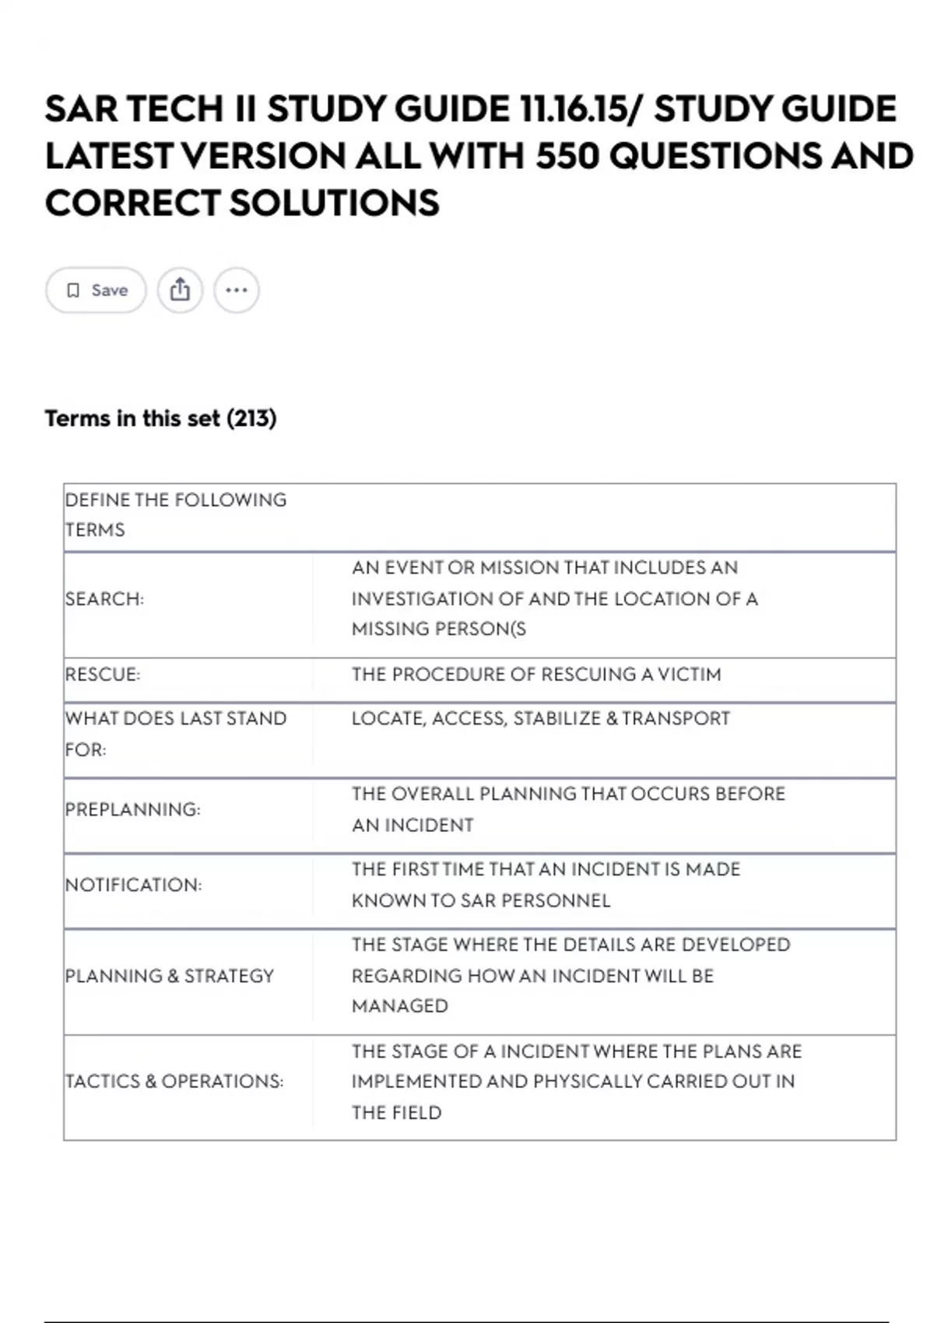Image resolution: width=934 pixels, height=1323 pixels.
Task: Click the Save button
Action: pyautogui.click(x=96, y=290)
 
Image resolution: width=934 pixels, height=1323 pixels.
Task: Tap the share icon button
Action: pyautogui.click(x=180, y=290)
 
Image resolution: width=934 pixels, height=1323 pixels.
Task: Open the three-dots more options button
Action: pyautogui.click(x=237, y=290)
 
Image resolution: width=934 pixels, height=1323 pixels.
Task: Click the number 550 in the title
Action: pyautogui.click(x=567, y=156)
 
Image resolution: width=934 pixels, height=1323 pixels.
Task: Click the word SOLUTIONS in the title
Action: pyautogui.click(x=334, y=203)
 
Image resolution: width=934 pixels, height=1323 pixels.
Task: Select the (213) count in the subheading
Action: pyautogui.click(x=251, y=419)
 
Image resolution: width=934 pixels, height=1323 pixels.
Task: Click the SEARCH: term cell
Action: pyautogui.click(x=104, y=599)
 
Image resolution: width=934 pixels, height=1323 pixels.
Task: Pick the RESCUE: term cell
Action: pyautogui.click(x=103, y=675)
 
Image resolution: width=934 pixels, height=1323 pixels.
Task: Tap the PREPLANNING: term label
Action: pyautogui.click(x=132, y=809)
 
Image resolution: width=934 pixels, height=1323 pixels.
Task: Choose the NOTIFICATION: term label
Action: pyautogui.click(x=133, y=885)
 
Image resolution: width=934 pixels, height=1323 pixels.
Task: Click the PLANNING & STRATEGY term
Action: pyautogui.click(x=170, y=976)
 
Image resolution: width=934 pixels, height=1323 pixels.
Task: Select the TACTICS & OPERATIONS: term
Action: pyautogui.click(x=174, y=1081)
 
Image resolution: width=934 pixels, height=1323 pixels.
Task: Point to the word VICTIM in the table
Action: pyautogui.click(x=689, y=675)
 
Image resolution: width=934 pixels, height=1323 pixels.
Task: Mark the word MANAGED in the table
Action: pyautogui.click(x=399, y=1006)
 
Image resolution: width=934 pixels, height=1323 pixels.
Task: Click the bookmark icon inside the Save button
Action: pyautogui.click(x=73, y=290)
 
